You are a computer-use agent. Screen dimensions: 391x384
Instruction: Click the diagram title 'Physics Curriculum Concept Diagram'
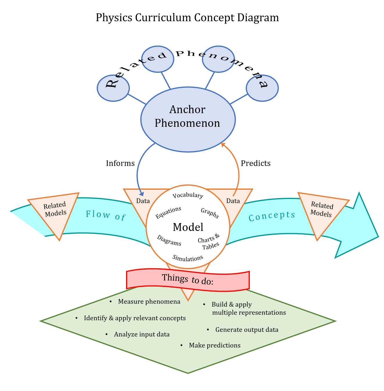coord(187,18)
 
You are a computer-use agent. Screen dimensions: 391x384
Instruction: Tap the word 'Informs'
coord(120,163)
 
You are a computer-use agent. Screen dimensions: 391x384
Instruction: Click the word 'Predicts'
coord(256,163)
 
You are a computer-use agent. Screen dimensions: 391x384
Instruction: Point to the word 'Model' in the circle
coord(188,227)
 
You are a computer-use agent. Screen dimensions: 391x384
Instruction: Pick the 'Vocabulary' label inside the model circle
coord(188,195)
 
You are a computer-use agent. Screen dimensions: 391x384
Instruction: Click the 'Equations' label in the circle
coord(168,213)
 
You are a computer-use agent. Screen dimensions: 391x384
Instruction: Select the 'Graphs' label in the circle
coord(210,213)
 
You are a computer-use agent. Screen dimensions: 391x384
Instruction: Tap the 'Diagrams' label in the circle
coord(169,240)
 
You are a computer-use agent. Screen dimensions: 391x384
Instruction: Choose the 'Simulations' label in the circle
coord(188,258)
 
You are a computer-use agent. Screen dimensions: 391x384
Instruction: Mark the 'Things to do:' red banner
coord(188,280)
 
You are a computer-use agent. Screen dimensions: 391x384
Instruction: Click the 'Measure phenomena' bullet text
coord(149,302)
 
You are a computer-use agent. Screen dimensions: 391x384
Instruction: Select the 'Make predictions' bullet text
coord(215,345)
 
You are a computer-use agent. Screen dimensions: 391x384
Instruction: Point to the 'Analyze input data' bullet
coord(142,334)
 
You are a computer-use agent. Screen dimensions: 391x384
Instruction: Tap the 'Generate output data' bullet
coord(247,330)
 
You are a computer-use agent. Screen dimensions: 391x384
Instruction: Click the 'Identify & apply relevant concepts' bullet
coord(134,318)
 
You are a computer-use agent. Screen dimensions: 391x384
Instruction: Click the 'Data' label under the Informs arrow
coord(143,201)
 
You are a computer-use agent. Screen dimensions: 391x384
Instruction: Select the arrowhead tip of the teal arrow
coord(378,237)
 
